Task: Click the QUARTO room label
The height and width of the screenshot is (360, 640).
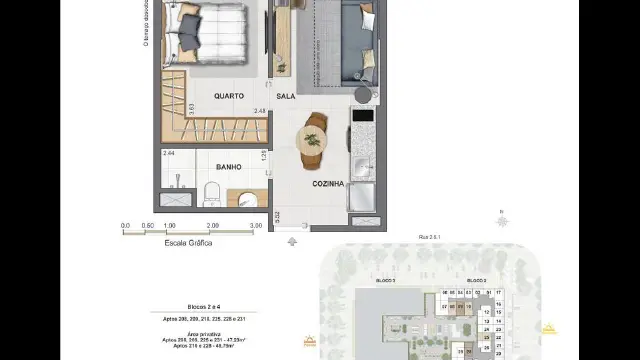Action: pos(229,96)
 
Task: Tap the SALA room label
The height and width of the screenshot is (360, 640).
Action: pos(286,96)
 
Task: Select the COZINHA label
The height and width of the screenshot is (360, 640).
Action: pos(327,184)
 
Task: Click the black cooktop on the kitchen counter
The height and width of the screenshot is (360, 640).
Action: pos(363,114)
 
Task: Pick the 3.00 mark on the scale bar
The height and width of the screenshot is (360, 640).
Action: pos(255,226)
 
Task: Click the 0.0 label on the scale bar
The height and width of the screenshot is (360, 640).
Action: pos(125,226)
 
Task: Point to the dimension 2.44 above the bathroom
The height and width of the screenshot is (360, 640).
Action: pos(168,153)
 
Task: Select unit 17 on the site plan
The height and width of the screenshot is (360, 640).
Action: pos(499,292)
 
